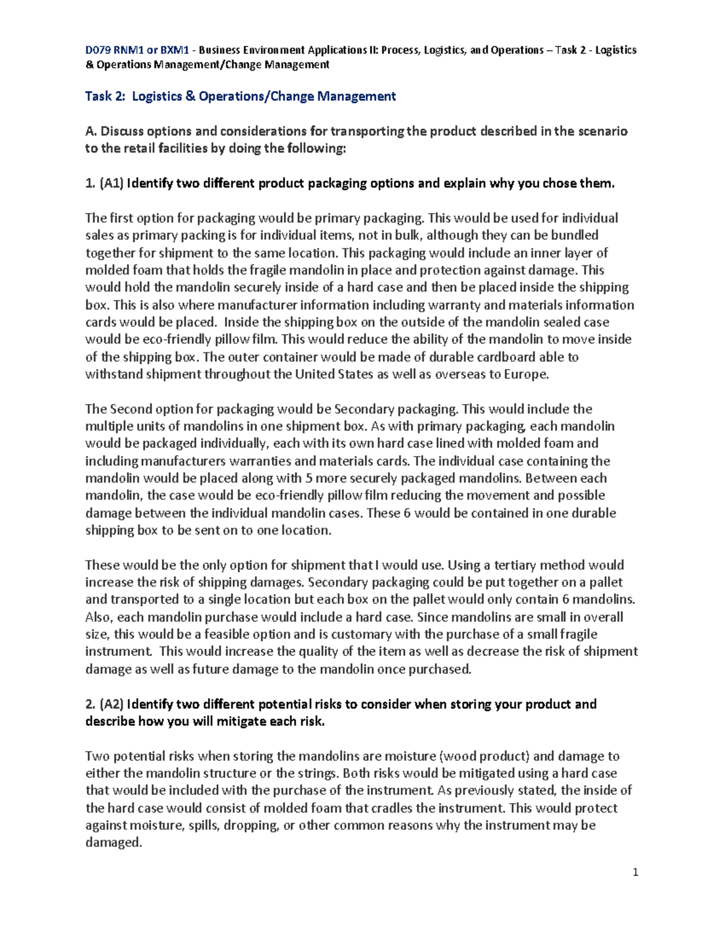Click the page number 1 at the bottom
pyautogui.click(x=635, y=872)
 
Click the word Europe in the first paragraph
pyautogui.click(x=527, y=374)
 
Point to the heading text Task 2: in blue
pyautogui.click(x=106, y=96)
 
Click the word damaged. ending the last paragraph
pyautogui.click(x=114, y=843)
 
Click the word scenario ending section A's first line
pyautogui.click(x=602, y=132)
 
